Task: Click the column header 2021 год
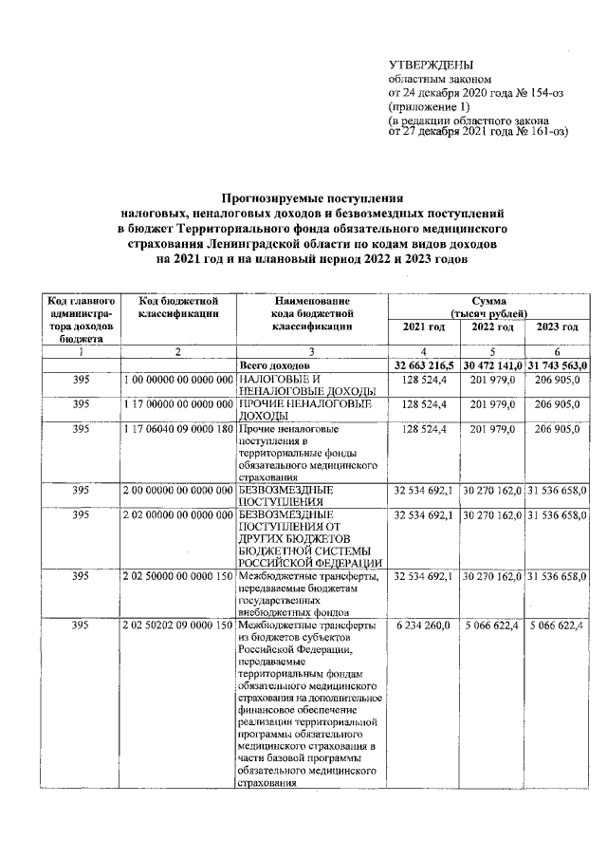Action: point(423,327)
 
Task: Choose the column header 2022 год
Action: point(492,327)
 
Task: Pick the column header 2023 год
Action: point(558,327)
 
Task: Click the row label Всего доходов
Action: point(273,365)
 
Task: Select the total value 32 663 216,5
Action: point(423,365)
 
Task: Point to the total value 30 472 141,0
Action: point(492,365)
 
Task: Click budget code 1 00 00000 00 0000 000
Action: point(178,379)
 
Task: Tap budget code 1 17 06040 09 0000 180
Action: point(178,429)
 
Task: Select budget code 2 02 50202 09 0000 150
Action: point(178,626)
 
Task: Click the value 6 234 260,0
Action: point(423,626)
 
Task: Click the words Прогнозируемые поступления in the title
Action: point(312,198)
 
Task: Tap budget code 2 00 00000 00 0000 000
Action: point(178,491)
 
